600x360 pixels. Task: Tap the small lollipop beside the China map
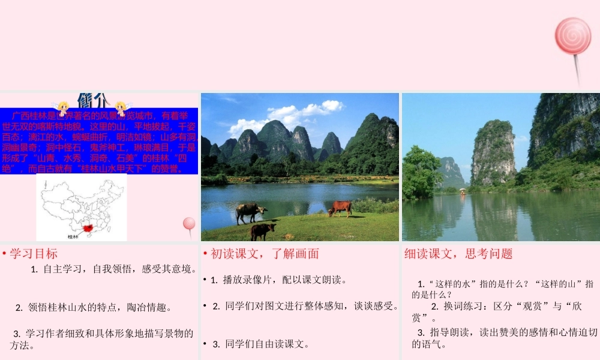click(x=189, y=224)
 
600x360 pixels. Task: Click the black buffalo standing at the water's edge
click(x=249, y=211)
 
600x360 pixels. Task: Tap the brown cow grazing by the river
click(x=340, y=208)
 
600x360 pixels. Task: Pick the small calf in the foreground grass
click(x=262, y=230)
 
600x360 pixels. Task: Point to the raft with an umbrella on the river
click(x=463, y=191)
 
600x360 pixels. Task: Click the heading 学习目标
click(x=34, y=254)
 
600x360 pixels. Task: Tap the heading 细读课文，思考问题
click(x=458, y=254)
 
